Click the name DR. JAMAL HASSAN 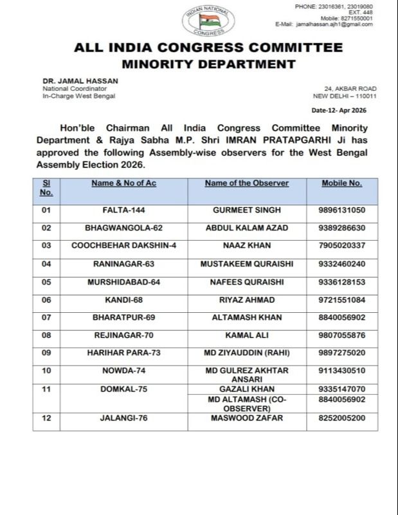[80, 80]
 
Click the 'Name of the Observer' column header [247, 183]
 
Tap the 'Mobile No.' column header [342, 183]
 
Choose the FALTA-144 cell [124, 211]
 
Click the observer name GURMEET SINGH [247, 211]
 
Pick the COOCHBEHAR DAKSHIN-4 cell [124, 246]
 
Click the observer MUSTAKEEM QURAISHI [247, 264]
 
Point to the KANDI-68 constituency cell [124, 300]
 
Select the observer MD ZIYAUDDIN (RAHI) [247, 353]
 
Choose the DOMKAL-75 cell [124, 389]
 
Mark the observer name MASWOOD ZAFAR [247, 418]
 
